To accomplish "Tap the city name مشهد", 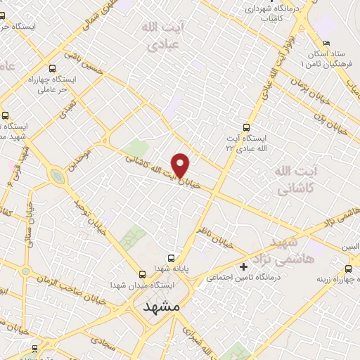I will [161, 308].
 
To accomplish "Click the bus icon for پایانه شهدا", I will [172, 258].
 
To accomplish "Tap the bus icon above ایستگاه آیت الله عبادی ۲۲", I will [245, 127].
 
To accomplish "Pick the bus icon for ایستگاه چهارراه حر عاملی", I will [53, 69].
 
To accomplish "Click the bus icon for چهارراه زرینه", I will [349, 269].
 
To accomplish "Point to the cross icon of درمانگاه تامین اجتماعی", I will [244, 266].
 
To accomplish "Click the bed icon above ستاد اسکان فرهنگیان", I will [325, 37].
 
